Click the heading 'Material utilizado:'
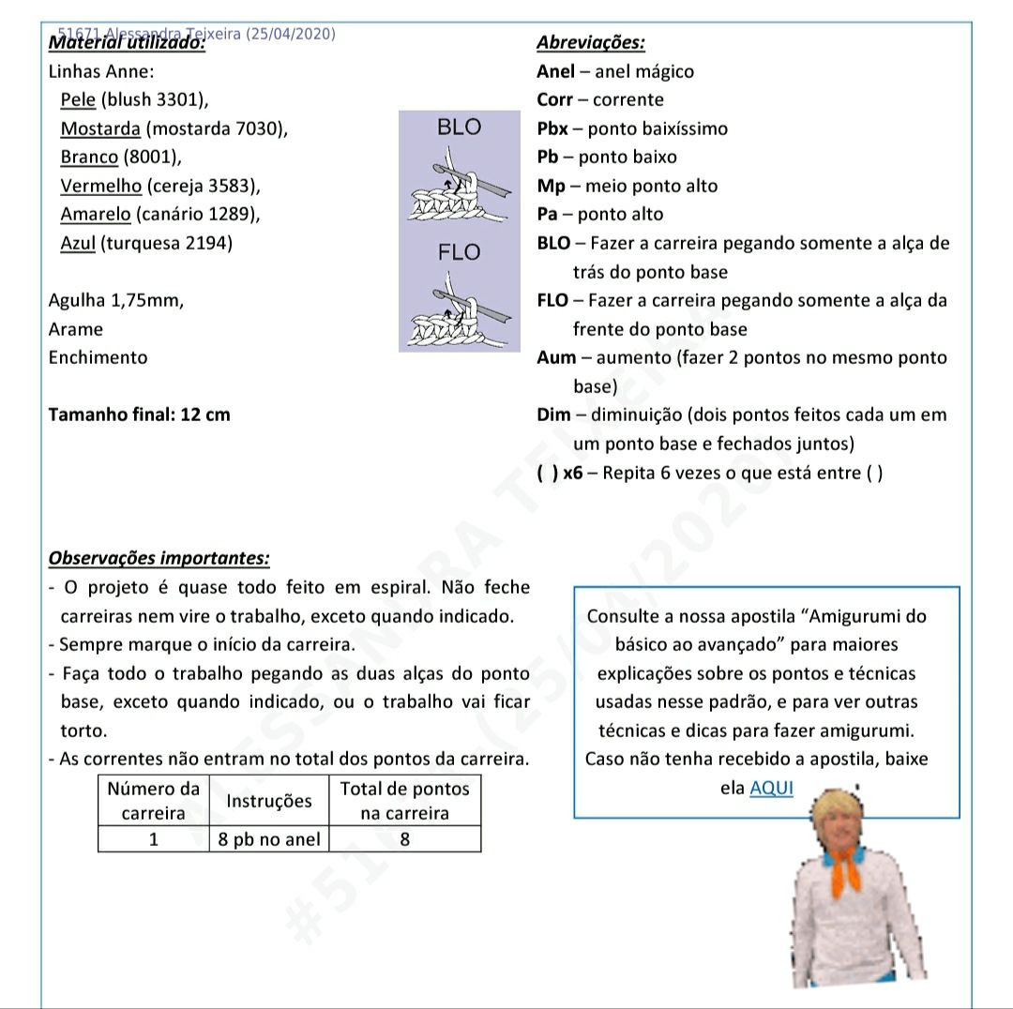tap(127, 43)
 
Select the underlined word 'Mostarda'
tap(100, 128)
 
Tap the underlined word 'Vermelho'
tap(101, 186)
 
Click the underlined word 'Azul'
tap(78, 243)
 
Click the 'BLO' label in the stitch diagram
tap(459, 128)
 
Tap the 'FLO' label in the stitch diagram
tap(459, 252)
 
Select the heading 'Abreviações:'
tap(590, 43)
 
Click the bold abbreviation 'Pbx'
tap(552, 128)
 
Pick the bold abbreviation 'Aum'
tap(556, 357)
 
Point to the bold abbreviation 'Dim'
tap(554, 414)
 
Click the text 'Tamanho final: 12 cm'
tap(139, 414)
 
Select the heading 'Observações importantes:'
tap(159, 558)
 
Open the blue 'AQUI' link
tap(771, 788)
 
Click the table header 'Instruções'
tap(268, 801)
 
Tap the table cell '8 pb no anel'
tap(268, 839)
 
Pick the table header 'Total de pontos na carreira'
tap(404, 801)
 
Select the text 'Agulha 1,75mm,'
tap(115, 300)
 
